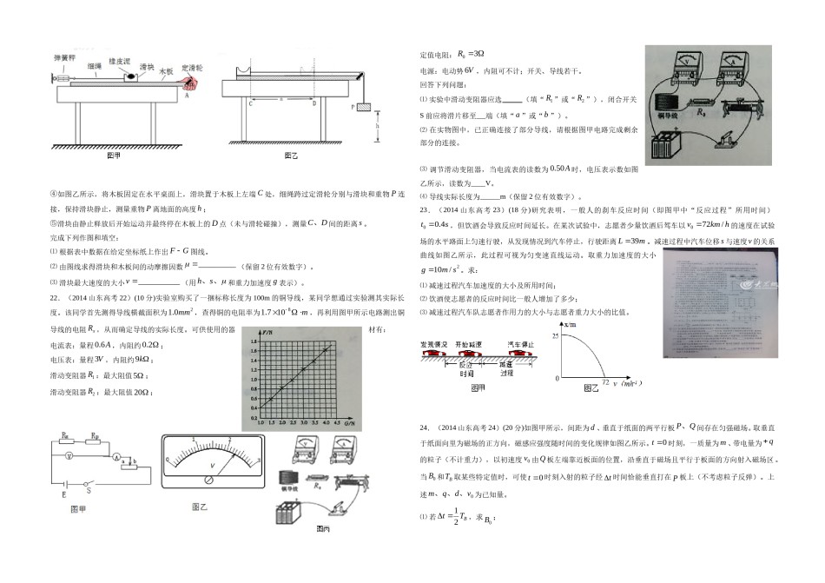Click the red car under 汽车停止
pyautogui.click(x=518, y=355)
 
